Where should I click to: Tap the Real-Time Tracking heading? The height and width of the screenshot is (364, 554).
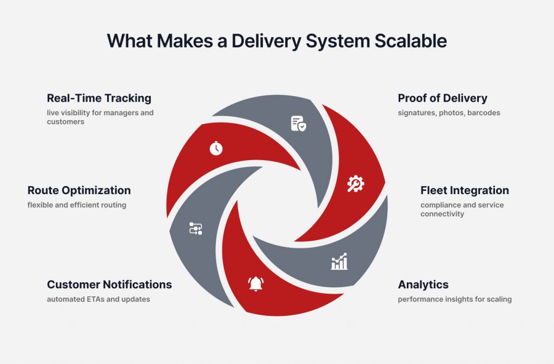99,98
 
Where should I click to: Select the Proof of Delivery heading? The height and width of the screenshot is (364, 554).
443,98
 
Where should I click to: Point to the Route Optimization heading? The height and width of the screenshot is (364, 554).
79,190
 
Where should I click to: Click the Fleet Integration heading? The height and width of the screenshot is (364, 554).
465,190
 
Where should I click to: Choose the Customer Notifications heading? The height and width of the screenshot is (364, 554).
109,284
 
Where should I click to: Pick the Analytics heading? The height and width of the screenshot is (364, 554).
423,284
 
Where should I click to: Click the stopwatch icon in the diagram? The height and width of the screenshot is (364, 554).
216,148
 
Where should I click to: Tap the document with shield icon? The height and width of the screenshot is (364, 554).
298,123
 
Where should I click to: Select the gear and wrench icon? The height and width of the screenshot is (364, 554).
355,184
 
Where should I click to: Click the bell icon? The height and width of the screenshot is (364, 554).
256,283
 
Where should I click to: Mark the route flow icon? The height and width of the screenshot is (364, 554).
195,228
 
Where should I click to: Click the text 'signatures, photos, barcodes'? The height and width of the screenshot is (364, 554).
449,113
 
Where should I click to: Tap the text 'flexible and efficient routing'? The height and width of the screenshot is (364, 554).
77,205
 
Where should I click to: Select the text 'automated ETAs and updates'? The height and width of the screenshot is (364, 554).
98,299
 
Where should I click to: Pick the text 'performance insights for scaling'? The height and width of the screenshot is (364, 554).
454,299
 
